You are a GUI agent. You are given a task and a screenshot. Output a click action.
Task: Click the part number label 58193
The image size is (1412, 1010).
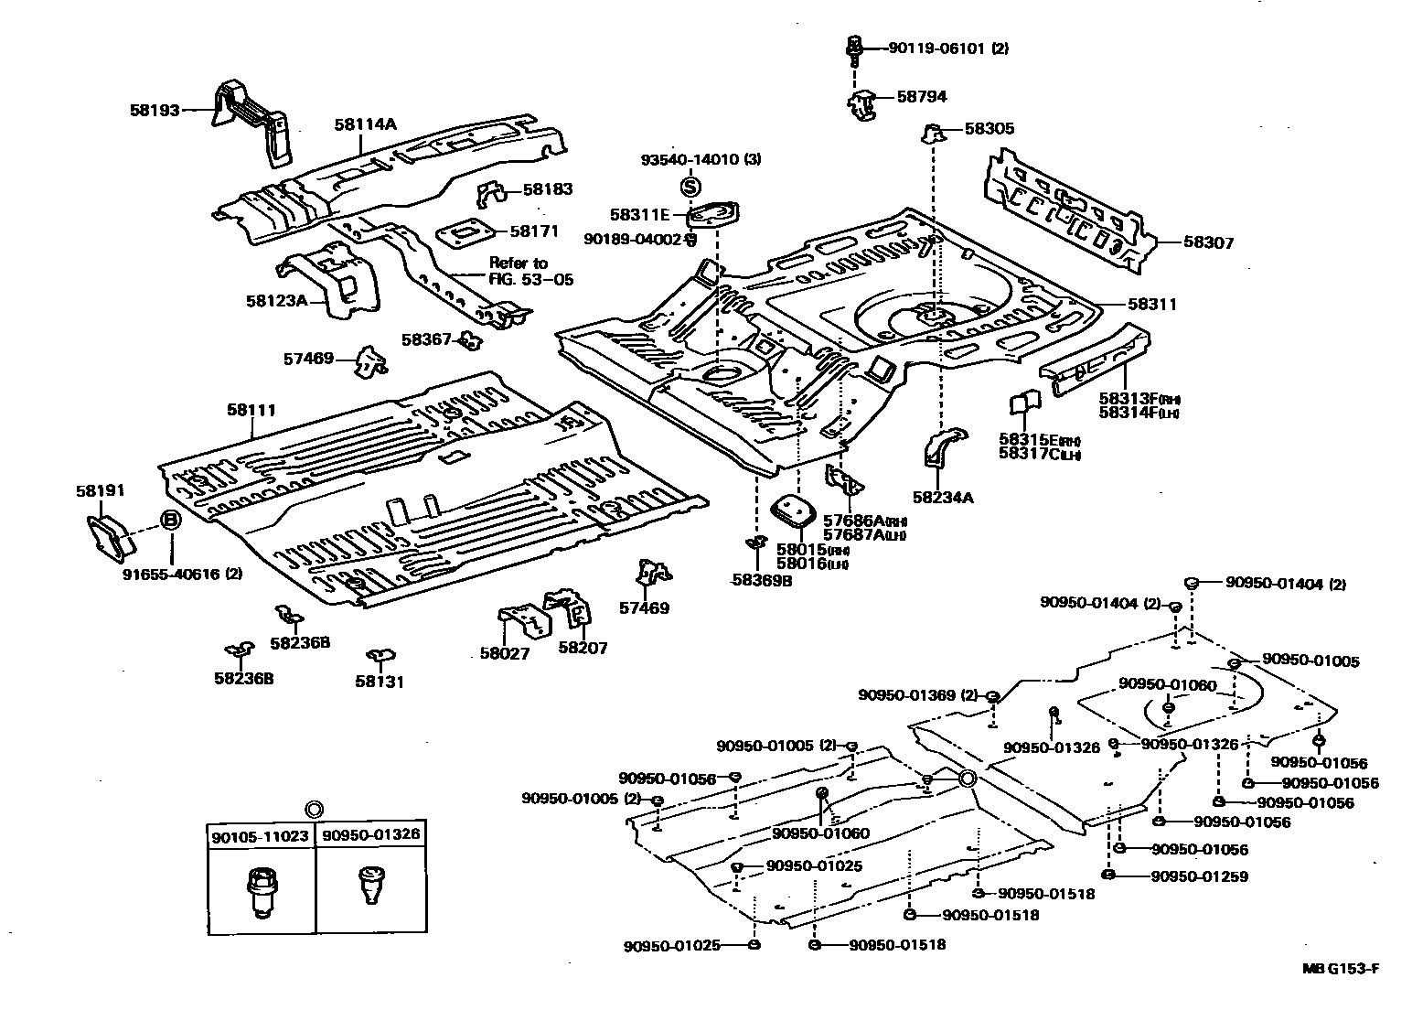click(x=155, y=110)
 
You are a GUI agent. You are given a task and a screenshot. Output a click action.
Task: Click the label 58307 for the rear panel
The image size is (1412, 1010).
click(x=1208, y=242)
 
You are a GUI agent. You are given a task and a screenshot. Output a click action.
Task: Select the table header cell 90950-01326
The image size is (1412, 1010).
click(x=370, y=835)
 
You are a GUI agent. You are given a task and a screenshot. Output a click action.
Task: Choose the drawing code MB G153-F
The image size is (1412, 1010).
click(x=1342, y=968)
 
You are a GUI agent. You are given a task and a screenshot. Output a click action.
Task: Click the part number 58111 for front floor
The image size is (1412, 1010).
click(x=251, y=411)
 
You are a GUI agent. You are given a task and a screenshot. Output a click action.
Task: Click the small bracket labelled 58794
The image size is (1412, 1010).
click(x=862, y=103)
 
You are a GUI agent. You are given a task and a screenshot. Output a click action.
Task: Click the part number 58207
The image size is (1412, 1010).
click(x=583, y=648)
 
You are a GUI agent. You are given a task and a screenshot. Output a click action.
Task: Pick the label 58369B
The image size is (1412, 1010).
click(x=761, y=579)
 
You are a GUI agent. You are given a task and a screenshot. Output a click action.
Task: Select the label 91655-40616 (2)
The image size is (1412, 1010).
click(x=182, y=575)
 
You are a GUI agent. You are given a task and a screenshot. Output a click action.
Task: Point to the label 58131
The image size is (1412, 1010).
click(x=380, y=682)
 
